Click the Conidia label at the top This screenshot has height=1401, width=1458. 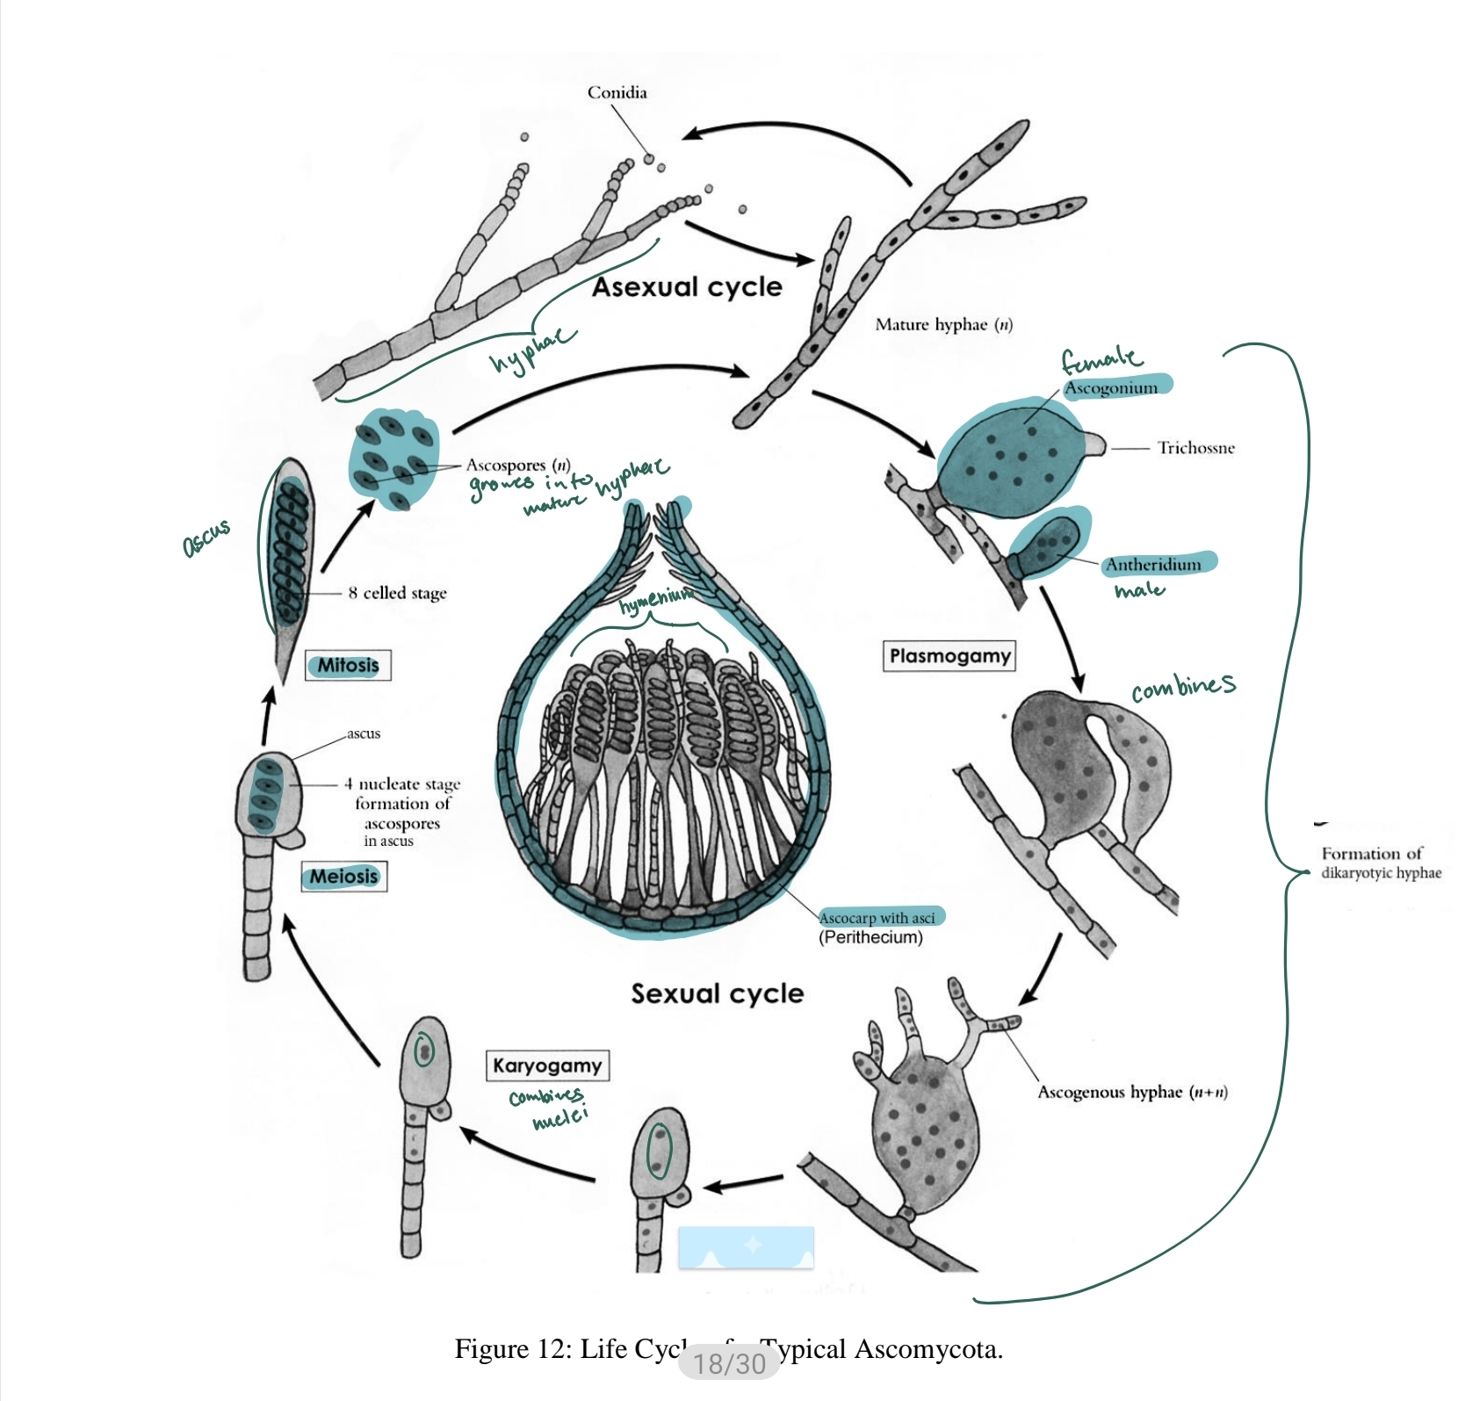coord(617,92)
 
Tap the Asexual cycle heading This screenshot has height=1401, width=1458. coord(686,287)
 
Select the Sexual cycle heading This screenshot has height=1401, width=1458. coord(717,993)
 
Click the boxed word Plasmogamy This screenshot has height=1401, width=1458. coord(949,656)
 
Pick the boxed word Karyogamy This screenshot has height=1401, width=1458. coord(546,1065)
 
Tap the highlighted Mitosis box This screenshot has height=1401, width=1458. coord(348,665)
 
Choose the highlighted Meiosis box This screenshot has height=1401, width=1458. coord(343,876)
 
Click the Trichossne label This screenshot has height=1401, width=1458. coord(1195,448)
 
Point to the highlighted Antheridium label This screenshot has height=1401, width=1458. coord(1153,565)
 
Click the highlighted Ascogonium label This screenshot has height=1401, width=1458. coord(1112,387)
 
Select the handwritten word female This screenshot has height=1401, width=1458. coord(1101,357)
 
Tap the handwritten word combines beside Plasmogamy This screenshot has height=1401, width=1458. coord(1182,687)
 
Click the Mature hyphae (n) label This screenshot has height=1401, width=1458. coord(943,325)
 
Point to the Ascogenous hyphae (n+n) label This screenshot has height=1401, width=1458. coord(1131,1092)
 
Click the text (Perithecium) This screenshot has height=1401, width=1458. coord(870,937)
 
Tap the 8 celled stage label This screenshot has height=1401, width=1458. coord(397,593)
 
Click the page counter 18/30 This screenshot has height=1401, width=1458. coord(729,1362)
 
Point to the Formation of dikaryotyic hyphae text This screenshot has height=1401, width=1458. coord(1380,863)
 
